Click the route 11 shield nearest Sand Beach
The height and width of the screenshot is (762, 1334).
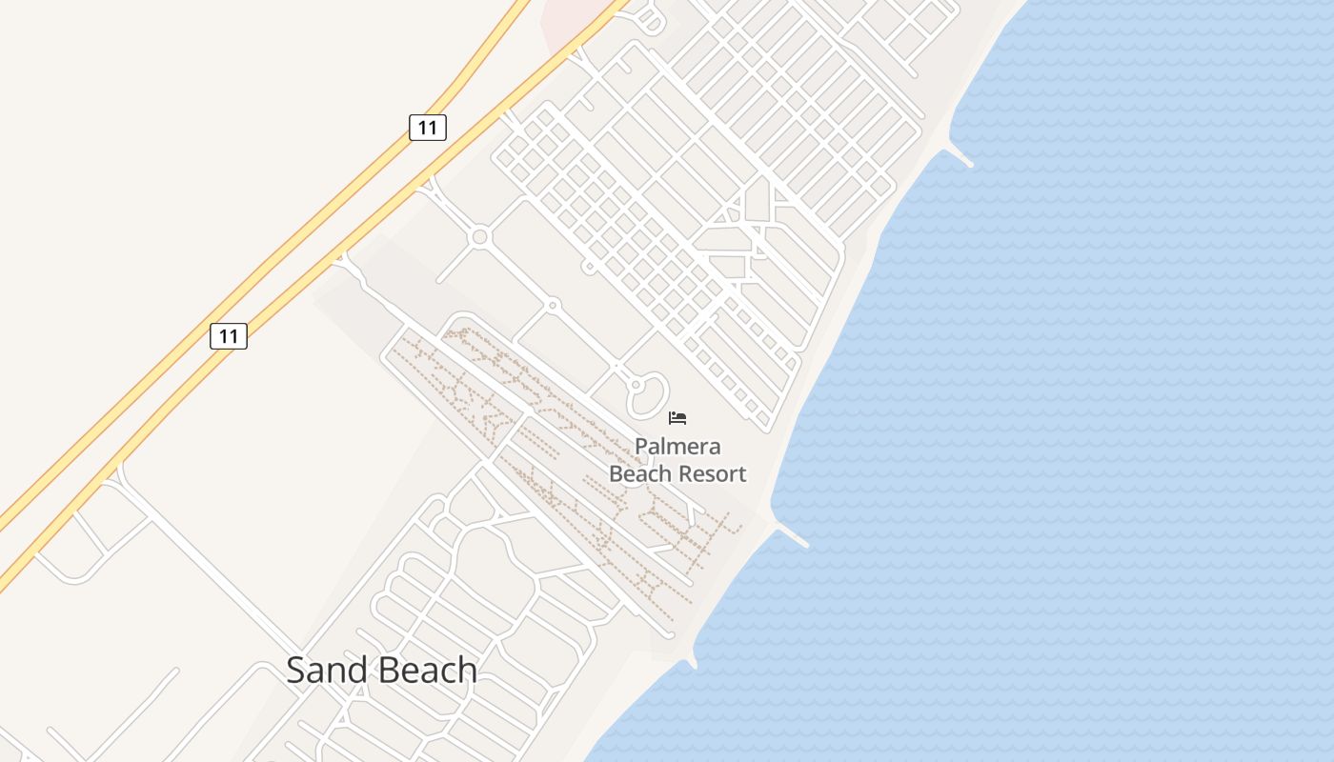click(x=229, y=336)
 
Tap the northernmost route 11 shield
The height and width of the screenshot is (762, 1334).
click(x=428, y=127)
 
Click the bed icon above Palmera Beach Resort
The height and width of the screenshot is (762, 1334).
click(x=677, y=417)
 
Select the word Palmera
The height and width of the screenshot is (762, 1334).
click(x=677, y=447)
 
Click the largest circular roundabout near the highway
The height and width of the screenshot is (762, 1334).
click(x=479, y=236)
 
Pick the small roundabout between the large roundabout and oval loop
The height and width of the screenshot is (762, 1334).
click(x=552, y=306)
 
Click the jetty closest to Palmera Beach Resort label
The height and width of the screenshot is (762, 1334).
click(x=793, y=535)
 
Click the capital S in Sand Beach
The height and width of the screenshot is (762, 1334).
click(x=297, y=670)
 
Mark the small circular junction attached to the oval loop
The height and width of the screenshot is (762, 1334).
click(x=636, y=385)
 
